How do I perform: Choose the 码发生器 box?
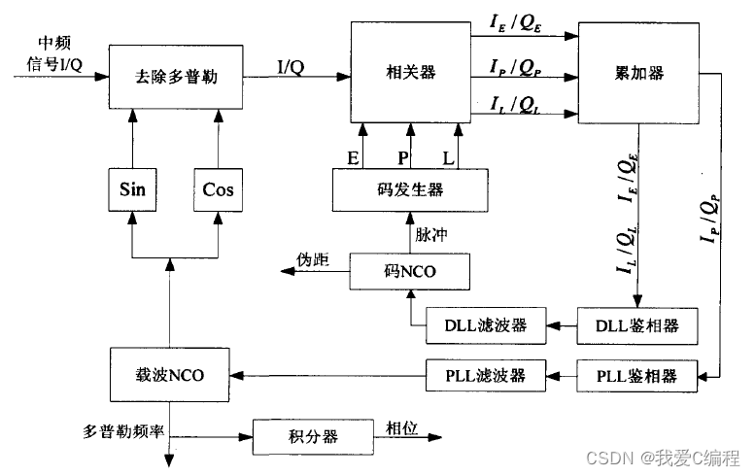(409, 189)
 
